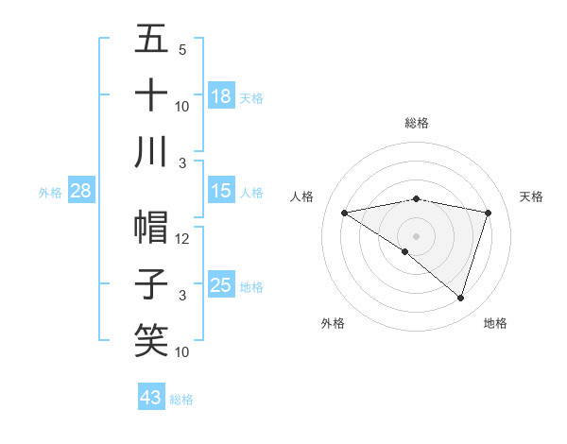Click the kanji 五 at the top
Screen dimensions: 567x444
[151, 40]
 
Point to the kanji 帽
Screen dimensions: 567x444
[151, 228]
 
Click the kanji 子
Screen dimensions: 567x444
[151, 284]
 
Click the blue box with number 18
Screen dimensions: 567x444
[221, 96]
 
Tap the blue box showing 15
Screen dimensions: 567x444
[221, 192]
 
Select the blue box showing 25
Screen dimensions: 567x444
[221, 285]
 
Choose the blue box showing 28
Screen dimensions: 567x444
[81, 192]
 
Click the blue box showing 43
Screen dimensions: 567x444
[151, 398]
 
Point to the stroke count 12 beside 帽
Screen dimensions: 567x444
[182, 239]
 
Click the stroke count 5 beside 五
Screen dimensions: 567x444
[182, 49]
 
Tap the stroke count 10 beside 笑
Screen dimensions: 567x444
[182, 352]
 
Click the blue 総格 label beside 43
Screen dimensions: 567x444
[181, 400]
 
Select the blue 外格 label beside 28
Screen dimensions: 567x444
[50, 193]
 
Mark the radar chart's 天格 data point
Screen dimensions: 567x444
[489, 213]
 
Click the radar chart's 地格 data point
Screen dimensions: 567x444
[460, 299]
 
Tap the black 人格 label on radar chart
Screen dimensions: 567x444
[301, 196]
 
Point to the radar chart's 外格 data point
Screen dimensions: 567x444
[405, 251]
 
